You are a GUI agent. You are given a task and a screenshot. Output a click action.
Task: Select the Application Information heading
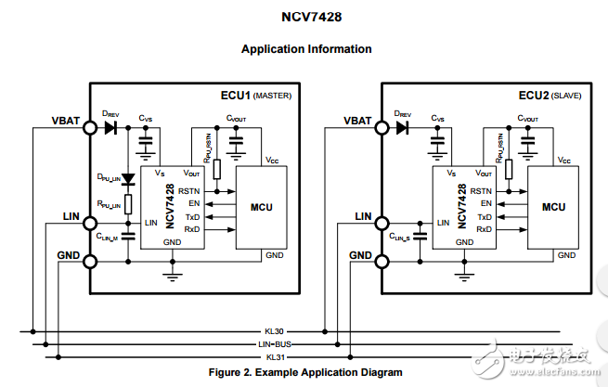[306, 49]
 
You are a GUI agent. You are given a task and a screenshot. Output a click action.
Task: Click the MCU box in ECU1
[261, 207]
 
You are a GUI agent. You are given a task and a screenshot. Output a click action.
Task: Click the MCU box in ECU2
[553, 207]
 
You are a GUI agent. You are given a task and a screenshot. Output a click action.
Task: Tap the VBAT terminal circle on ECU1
[89, 128]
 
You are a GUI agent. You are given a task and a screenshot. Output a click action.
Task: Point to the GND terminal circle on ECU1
[89, 261]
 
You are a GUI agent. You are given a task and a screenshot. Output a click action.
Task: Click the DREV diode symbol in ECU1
[111, 128]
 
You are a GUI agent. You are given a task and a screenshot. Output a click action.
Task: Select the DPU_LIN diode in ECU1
[129, 178]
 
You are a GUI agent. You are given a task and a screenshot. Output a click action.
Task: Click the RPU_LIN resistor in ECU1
[129, 204]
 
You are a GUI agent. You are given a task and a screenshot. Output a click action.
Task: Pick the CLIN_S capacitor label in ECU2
[401, 238]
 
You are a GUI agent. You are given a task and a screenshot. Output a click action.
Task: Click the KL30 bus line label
[275, 330]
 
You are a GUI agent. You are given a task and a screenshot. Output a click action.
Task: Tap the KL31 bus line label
[275, 356]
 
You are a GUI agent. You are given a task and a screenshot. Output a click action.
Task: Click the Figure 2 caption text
[306, 372]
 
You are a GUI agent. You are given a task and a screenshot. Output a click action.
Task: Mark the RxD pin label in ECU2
[485, 228]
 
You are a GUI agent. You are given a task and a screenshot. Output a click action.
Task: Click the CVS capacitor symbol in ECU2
[437, 142]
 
